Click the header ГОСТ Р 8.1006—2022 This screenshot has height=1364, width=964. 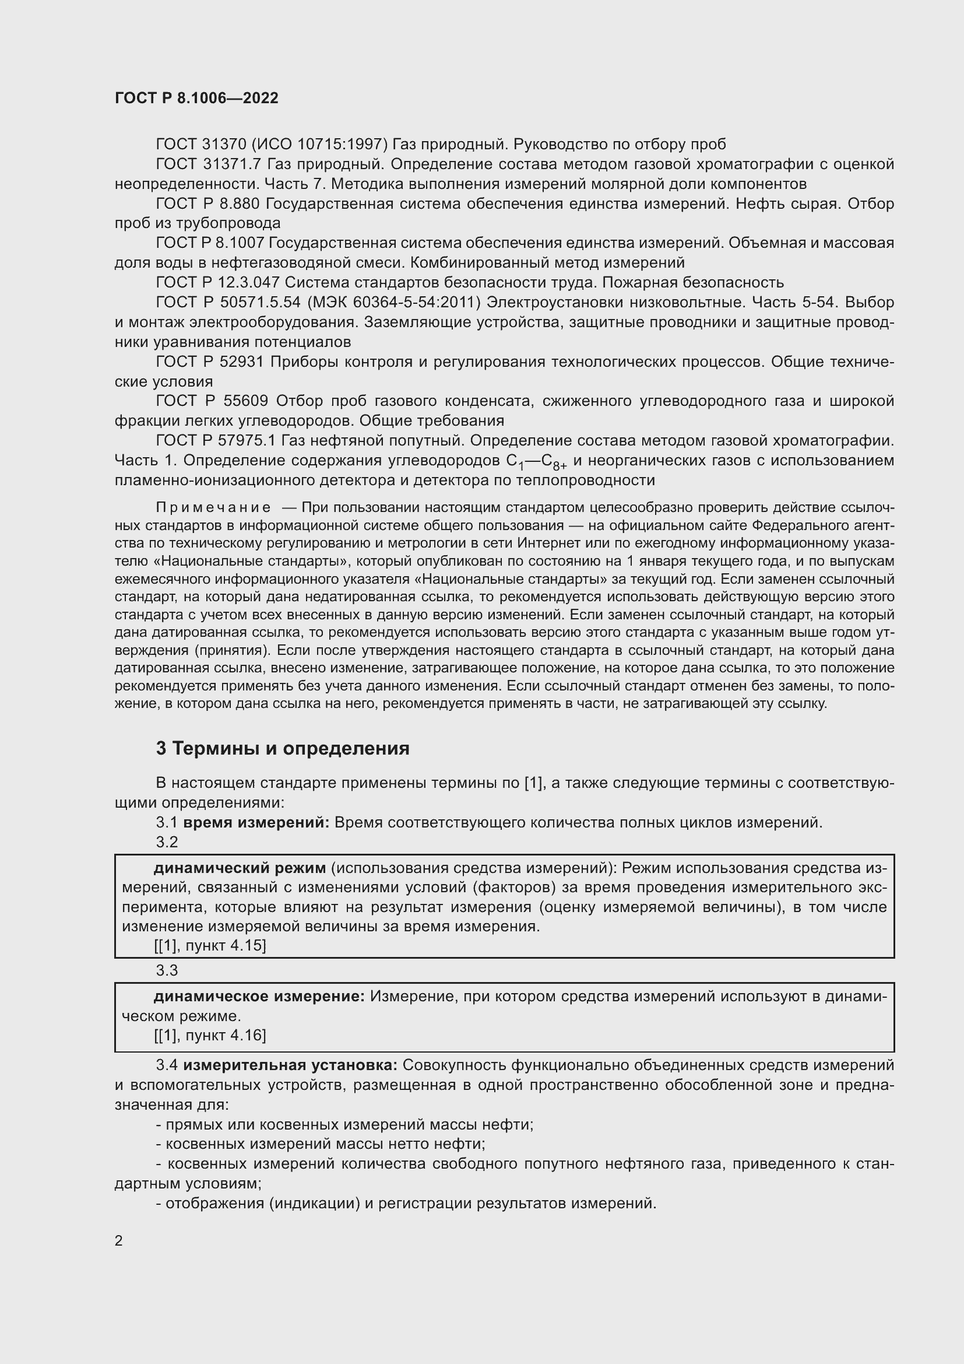(196, 99)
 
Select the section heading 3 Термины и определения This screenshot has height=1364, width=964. (283, 749)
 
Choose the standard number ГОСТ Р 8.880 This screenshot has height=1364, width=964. (207, 204)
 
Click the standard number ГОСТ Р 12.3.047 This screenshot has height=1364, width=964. (217, 282)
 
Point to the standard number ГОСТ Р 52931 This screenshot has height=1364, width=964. (210, 362)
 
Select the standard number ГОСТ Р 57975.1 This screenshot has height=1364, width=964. (216, 441)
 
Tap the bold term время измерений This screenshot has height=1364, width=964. (256, 823)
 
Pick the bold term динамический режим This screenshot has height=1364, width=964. (239, 868)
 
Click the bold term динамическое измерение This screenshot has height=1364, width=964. (259, 996)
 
